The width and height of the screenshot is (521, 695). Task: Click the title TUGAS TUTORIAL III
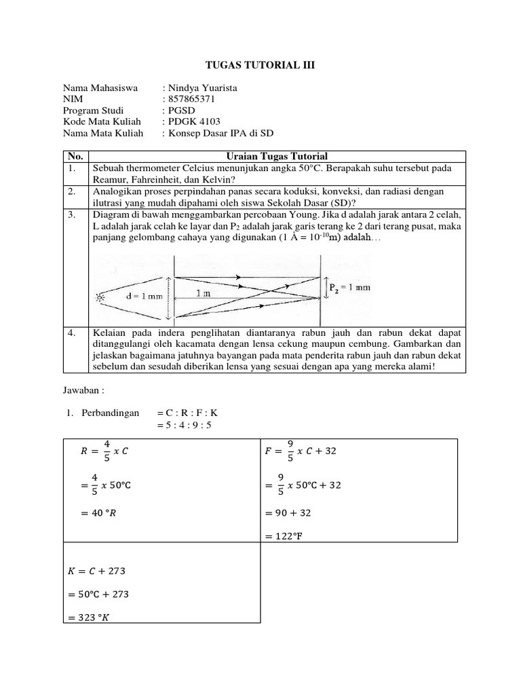(x=260, y=65)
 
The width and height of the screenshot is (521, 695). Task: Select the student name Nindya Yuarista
(x=199, y=88)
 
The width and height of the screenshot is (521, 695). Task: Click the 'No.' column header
(x=75, y=156)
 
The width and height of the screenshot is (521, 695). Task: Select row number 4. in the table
(x=72, y=334)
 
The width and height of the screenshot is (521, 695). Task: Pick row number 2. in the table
(x=72, y=192)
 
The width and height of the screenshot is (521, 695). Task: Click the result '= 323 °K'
(x=95, y=617)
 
